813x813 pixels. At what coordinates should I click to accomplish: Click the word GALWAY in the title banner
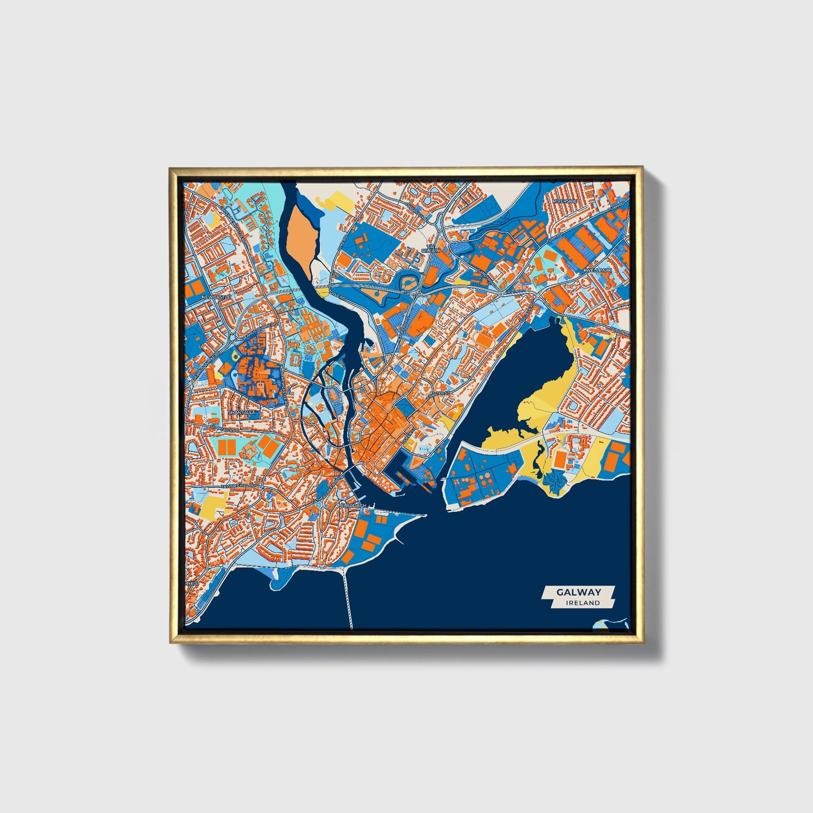578,592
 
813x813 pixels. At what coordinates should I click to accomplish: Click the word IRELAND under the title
583,603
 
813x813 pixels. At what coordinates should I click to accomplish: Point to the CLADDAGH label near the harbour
354,505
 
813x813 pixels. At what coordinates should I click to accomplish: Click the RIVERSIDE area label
565,201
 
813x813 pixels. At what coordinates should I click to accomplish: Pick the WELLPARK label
599,271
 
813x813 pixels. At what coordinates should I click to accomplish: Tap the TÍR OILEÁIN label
432,248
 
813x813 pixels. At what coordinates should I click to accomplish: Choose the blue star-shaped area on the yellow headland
555,481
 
